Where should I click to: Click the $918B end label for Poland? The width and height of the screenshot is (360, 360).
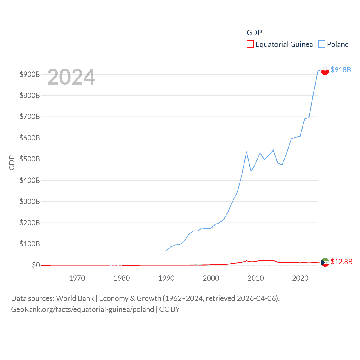pyautogui.click(x=341, y=70)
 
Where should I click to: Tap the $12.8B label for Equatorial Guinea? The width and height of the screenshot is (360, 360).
pyautogui.click(x=341, y=262)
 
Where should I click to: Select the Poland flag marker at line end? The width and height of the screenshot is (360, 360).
pyautogui.click(x=325, y=70)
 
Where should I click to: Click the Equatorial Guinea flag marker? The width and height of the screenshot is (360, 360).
pyautogui.click(x=325, y=262)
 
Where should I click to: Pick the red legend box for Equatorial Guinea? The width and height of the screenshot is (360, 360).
pyautogui.click(x=250, y=44)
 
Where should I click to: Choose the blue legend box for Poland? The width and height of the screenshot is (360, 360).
pyautogui.click(x=321, y=44)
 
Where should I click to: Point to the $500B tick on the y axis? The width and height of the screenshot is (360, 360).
pyautogui.click(x=30, y=159)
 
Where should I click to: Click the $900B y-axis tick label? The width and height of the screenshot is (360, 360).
pyautogui.click(x=30, y=74)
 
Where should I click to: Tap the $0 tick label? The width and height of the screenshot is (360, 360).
pyautogui.click(x=36, y=265)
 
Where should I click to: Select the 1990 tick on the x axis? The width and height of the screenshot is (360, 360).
pyautogui.click(x=166, y=278)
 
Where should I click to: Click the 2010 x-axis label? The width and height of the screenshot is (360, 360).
pyautogui.click(x=256, y=278)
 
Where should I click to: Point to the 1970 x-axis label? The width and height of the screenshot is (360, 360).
pyautogui.click(x=77, y=278)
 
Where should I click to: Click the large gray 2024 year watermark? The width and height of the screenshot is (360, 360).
pyautogui.click(x=71, y=77)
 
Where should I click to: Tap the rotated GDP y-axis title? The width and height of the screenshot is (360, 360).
pyautogui.click(x=12, y=163)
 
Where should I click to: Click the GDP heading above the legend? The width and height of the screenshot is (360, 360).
pyautogui.click(x=254, y=33)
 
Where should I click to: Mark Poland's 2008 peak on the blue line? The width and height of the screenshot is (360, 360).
pyautogui.click(x=246, y=152)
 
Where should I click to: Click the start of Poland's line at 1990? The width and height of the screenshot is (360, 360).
pyautogui.click(x=166, y=251)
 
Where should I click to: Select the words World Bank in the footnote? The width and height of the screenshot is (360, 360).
pyautogui.click(x=75, y=298)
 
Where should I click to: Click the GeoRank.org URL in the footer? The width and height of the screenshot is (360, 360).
pyautogui.click(x=82, y=309)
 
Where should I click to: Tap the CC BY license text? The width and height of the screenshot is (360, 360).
pyautogui.click(x=169, y=309)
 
